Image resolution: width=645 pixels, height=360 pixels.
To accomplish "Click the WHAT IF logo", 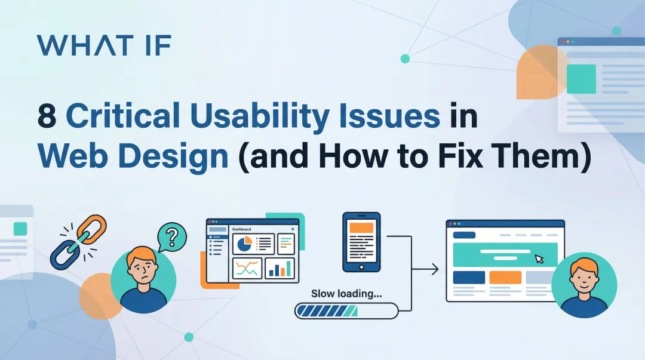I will [104, 45].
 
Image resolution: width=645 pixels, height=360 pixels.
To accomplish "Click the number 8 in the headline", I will [47, 116].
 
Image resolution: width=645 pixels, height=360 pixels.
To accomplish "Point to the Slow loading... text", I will [346, 294].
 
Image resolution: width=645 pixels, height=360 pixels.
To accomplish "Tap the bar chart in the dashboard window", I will [279, 268].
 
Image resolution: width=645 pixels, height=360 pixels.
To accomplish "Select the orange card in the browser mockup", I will [505, 278].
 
